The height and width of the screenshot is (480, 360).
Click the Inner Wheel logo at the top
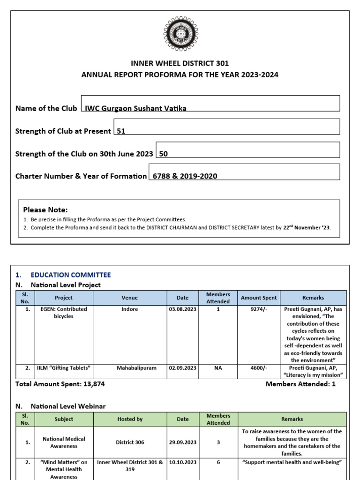click(x=180, y=33)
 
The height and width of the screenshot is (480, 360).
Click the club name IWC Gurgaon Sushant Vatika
click(x=135, y=108)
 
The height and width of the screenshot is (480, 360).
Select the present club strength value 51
click(x=121, y=131)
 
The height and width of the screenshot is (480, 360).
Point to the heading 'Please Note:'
click(x=45, y=210)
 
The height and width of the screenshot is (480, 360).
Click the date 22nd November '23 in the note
click(x=307, y=228)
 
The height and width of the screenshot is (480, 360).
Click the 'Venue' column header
click(x=130, y=298)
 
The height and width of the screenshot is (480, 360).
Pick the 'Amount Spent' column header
click(x=259, y=298)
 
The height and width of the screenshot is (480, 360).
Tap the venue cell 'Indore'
click(x=130, y=309)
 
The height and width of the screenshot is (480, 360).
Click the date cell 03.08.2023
click(x=183, y=309)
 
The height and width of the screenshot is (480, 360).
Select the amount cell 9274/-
click(x=259, y=309)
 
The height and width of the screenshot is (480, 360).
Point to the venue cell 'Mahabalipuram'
click(x=130, y=368)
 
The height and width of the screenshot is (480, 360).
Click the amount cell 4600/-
click(x=259, y=368)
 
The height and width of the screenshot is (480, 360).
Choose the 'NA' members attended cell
click(x=218, y=368)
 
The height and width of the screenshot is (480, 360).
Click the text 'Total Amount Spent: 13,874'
click(x=60, y=384)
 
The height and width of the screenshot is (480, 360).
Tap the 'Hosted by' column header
click(x=130, y=419)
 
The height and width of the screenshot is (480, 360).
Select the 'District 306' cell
click(x=130, y=442)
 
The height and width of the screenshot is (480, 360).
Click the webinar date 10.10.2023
click(x=183, y=462)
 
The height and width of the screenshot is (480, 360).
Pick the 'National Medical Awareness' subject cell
click(x=64, y=442)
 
